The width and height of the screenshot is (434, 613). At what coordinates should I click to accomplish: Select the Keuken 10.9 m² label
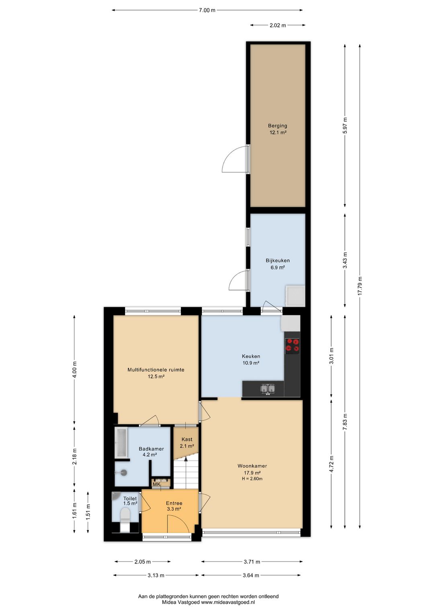pyautogui.click(x=251, y=359)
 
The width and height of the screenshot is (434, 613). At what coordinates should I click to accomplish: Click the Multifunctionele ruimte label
pyautogui.click(x=156, y=370)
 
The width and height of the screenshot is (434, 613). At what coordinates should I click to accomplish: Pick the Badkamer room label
pyautogui.click(x=151, y=449)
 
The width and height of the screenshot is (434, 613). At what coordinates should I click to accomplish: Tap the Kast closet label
pyautogui.click(x=187, y=439)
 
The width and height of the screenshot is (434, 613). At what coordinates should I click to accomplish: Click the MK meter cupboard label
pyautogui.click(x=156, y=484)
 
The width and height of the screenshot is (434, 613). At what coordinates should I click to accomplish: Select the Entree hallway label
pyautogui.click(x=174, y=503)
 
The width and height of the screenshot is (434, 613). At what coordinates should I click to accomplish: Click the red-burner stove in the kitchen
pyautogui.click(x=292, y=345)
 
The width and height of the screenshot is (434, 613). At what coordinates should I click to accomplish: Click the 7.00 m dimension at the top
pyautogui.click(x=207, y=10)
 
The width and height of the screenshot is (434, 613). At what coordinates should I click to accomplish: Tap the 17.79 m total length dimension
pyautogui.click(x=360, y=286)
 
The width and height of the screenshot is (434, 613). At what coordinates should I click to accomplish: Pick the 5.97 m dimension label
pyautogui.click(x=345, y=125)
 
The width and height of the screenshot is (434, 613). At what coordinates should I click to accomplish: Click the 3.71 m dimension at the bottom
pyautogui.click(x=252, y=562)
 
